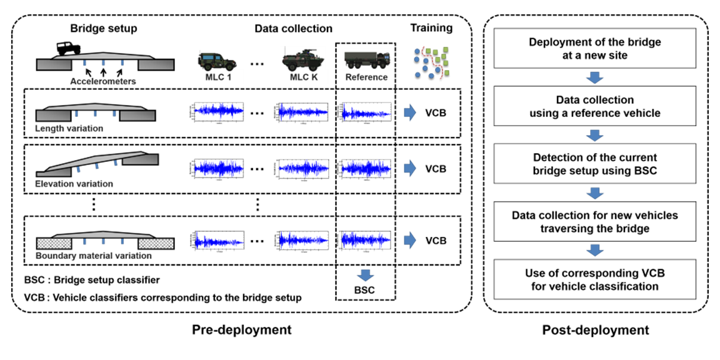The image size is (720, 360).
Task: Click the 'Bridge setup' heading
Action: coord(104,29)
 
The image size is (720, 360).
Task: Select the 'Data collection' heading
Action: coord(293,29)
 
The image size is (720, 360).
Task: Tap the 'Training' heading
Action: coord(431,28)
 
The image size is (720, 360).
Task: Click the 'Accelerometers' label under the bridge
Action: coord(102,80)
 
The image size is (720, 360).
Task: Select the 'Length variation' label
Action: coord(69,128)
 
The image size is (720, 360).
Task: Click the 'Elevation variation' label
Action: coord(74,184)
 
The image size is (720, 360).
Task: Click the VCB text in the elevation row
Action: coord(436,169)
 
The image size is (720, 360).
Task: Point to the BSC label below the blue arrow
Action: coord(366,291)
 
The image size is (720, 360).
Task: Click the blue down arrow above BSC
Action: coord(366,274)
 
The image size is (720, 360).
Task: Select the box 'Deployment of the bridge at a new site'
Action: coord(595,49)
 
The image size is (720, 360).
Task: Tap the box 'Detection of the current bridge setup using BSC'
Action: coord(595,163)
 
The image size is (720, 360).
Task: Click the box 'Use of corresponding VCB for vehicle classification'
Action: coord(595,281)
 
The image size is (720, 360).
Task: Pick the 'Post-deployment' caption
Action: coord(595,329)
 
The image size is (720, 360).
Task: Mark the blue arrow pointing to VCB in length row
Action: coord(409,113)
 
